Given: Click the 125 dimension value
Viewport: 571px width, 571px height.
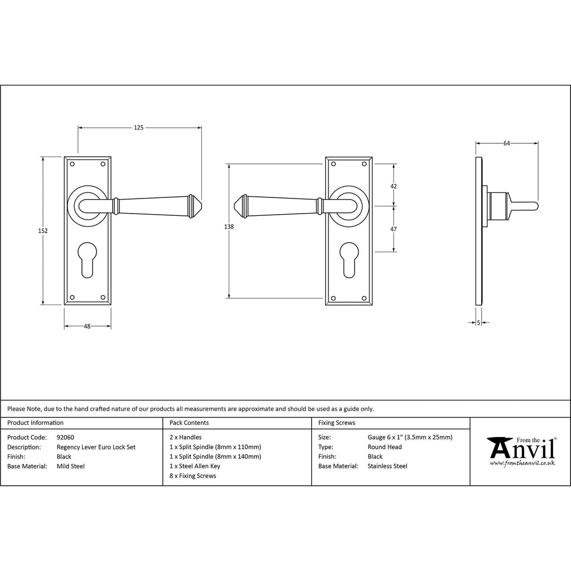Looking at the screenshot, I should coord(139,128).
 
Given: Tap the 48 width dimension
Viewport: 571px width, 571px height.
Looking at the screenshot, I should coord(87,326).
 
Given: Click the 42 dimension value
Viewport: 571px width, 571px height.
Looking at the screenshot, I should coord(394,186).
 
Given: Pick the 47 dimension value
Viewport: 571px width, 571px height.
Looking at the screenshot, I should coord(394,229).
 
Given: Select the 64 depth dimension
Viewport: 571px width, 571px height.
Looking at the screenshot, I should coord(506,143).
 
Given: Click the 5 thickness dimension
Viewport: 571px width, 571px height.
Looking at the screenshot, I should coord(478,322).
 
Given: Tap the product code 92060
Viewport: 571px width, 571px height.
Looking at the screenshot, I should coord(65,437).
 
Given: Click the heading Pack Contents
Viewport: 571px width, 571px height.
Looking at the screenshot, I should coord(189,423).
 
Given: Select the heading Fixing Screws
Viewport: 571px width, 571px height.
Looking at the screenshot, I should coord(336,423).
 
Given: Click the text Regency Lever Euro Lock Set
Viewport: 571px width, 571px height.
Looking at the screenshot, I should coord(96,447).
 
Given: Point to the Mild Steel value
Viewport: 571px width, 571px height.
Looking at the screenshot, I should coord(71,466).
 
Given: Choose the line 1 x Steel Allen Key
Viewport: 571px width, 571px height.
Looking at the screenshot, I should coord(195,466).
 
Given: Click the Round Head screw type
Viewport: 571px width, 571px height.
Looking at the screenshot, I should coord(384,447).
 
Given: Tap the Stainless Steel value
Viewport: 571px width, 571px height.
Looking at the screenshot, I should coord(387,466).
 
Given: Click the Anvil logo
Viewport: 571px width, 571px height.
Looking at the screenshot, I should coord(521,451).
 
